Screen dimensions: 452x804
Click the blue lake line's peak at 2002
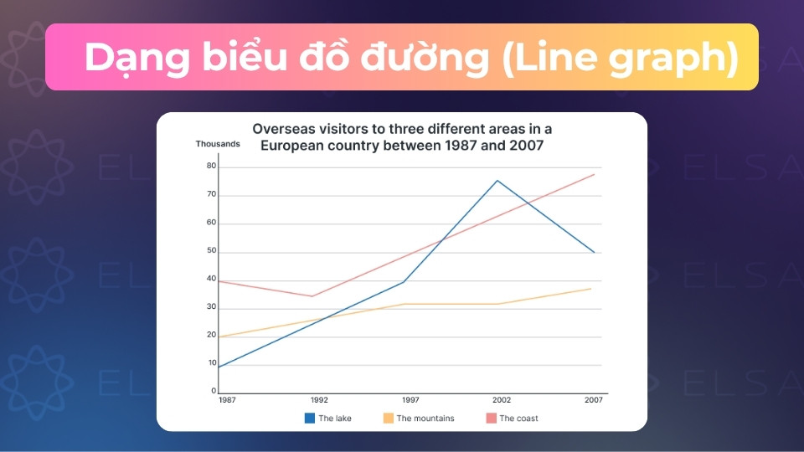click(x=497, y=180)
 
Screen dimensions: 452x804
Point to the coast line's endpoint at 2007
click(x=594, y=174)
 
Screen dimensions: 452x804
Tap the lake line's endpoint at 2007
click(x=594, y=252)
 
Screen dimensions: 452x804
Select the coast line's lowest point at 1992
click(x=312, y=296)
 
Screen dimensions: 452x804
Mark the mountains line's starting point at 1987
click(x=219, y=336)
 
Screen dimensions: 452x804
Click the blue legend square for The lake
click(x=309, y=417)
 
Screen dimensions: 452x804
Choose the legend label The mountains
click(x=425, y=418)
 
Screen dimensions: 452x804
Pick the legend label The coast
click(x=518, y=418)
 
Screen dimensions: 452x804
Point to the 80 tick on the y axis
click(x=211, y=167)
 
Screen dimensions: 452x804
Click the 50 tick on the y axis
click(x=211, y=252)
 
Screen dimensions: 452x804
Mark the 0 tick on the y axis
click(x=214, y=391)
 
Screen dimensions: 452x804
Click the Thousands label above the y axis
click(x=218, y=144)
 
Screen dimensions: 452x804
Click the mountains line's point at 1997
click(x=405, y=304)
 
